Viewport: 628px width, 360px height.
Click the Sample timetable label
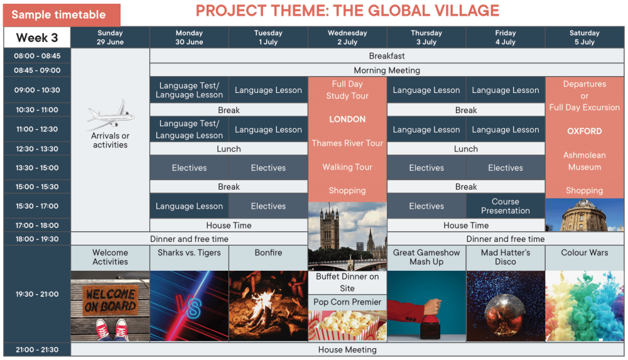58,15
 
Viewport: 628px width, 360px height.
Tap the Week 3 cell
37,38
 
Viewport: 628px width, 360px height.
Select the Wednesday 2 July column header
347,37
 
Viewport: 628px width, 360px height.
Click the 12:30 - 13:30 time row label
37,149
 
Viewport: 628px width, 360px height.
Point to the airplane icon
111,115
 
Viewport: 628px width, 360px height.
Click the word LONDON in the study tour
347,119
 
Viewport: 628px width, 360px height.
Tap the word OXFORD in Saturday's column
584,131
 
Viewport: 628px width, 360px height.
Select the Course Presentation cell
506,206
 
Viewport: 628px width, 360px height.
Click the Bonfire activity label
268,253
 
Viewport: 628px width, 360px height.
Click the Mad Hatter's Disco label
506,257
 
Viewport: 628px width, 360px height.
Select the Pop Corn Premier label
347,302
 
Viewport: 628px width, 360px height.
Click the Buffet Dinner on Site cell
347,282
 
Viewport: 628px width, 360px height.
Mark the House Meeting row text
347,349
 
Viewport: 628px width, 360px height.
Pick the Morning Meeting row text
387,70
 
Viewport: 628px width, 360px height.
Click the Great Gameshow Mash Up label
426,257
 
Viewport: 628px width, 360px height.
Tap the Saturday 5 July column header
584,37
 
